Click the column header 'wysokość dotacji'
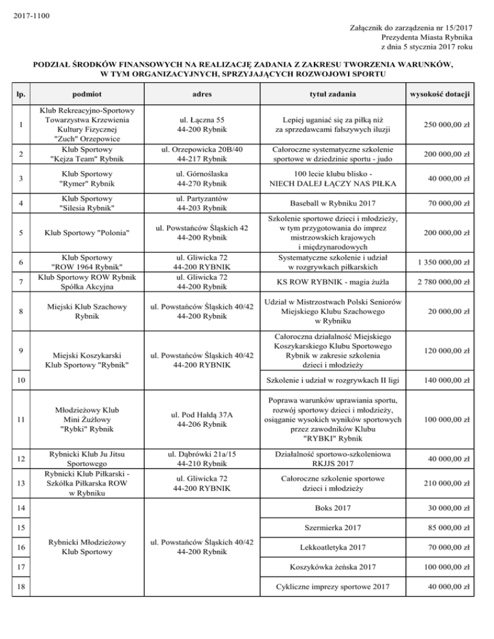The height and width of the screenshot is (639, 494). pyautogui.click(x=444, y=94)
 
